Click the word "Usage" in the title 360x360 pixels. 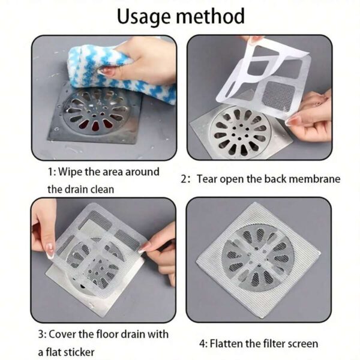pyautogui.click(x=146, y=16)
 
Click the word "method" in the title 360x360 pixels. pyautogui.click(x=213, y=16)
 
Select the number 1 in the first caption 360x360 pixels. pyautogui.click(x=50, y=172)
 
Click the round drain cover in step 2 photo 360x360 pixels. pyautogui.click(x=239, y=129)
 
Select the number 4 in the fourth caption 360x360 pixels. pyautogui.click(x=202, y=344)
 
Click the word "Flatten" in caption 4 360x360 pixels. pyautogui.click(x=230, y=344)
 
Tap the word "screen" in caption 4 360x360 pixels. pyautogui.click(x=302, y=344)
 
